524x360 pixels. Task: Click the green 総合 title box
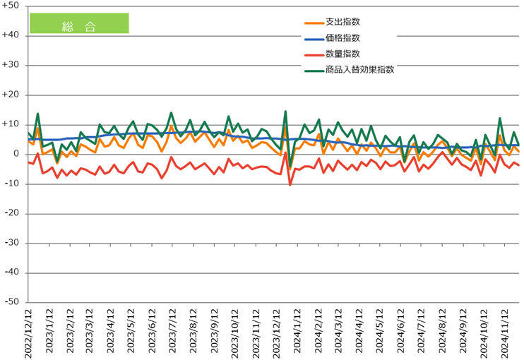click(x=78, y=23)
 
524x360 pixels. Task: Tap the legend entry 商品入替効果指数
click(x=359, y=69)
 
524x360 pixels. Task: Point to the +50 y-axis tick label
click(x=12, y=6)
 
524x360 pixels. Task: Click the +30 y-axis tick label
click(x=12, y=65)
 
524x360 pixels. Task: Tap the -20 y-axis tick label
click(x=12, y=213)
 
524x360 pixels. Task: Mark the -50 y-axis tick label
click(x=12, y=302)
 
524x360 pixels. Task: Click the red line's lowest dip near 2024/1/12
click(x=290, y=185)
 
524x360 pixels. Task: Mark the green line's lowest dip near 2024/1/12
click(x=290, y=168)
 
